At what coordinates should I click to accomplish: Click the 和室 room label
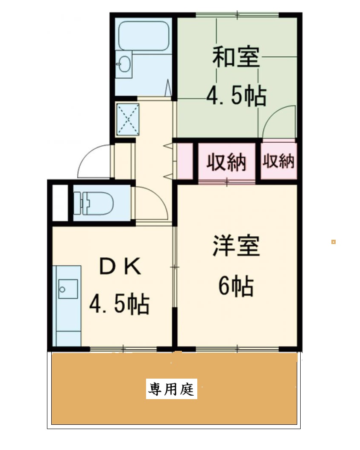pos(236,59)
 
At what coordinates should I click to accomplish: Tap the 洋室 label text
pos(236,246)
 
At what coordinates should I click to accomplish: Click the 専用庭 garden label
pos(172,390)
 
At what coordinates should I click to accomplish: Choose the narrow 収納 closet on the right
pos(278,161)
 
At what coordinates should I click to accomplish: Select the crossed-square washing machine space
pos(127,118)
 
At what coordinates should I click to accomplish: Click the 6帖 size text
pos(236,287)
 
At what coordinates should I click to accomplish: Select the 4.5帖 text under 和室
pos(236,97)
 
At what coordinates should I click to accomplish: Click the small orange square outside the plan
pos(333,242)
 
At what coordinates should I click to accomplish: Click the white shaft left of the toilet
pos(60,203)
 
